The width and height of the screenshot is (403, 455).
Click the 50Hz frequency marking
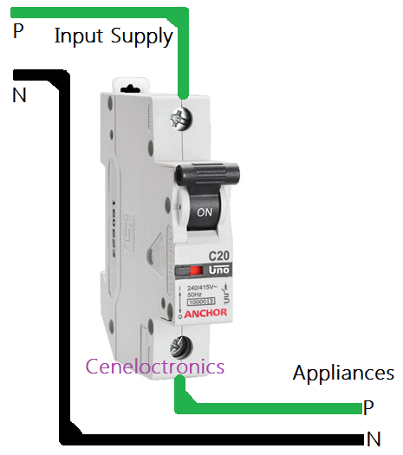coord(198,295)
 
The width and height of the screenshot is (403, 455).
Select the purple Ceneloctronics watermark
coord(154,367)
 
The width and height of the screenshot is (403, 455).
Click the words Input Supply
coord(114,36)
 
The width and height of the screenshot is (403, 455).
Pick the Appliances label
coord(343,374)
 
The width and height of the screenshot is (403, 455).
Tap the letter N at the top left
coord(19,95)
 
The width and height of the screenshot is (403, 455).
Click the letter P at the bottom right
coord(368,407)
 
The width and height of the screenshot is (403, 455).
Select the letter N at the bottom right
coord(373,439)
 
